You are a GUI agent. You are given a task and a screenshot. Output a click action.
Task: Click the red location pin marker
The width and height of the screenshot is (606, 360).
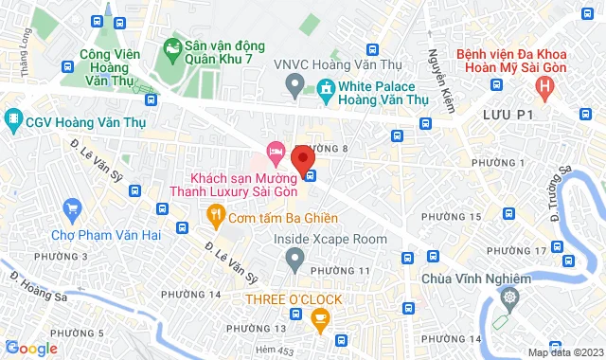tap(302, 159)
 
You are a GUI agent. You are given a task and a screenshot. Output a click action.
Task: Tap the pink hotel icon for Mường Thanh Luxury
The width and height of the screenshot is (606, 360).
tap(276, 151)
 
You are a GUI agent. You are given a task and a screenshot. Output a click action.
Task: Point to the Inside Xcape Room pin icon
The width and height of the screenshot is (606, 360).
tap(294, 257)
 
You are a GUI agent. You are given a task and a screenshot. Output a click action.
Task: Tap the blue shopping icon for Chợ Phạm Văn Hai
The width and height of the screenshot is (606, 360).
tap(71, 207)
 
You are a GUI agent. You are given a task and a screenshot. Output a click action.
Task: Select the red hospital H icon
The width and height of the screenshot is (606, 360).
tap(544, 88)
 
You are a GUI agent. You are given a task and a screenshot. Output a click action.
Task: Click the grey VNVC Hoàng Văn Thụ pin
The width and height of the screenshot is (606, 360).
tap(294, 89)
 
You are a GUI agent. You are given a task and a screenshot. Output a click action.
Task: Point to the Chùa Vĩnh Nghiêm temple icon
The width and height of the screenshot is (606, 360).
tap(510, 298)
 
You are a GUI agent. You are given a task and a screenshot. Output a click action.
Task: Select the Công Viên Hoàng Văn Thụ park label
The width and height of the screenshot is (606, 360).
tap(104, 68)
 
